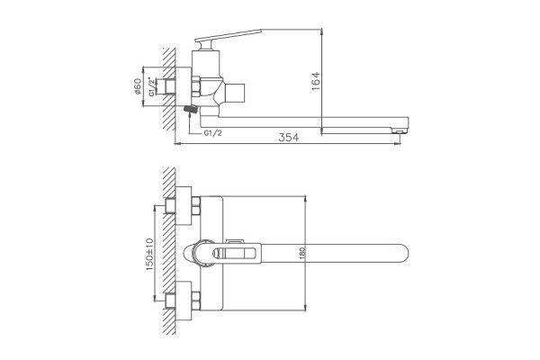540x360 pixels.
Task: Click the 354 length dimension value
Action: (x=289, y=137)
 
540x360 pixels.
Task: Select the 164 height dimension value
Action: (x=316, y=81)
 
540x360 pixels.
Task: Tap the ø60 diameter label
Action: (x=137, y=86)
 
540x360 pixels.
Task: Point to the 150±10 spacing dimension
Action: (x=149, y=254)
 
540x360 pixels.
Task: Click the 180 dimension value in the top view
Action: (x=302, y=253)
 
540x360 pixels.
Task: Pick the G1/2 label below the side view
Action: (x=212, y=133)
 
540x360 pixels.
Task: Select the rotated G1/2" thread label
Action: (x=151, y=86)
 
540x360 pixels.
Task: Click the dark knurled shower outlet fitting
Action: (x=191, y=109)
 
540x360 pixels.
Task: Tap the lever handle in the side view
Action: (x=228, y=35)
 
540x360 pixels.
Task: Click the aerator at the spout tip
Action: (x=399, y=130)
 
